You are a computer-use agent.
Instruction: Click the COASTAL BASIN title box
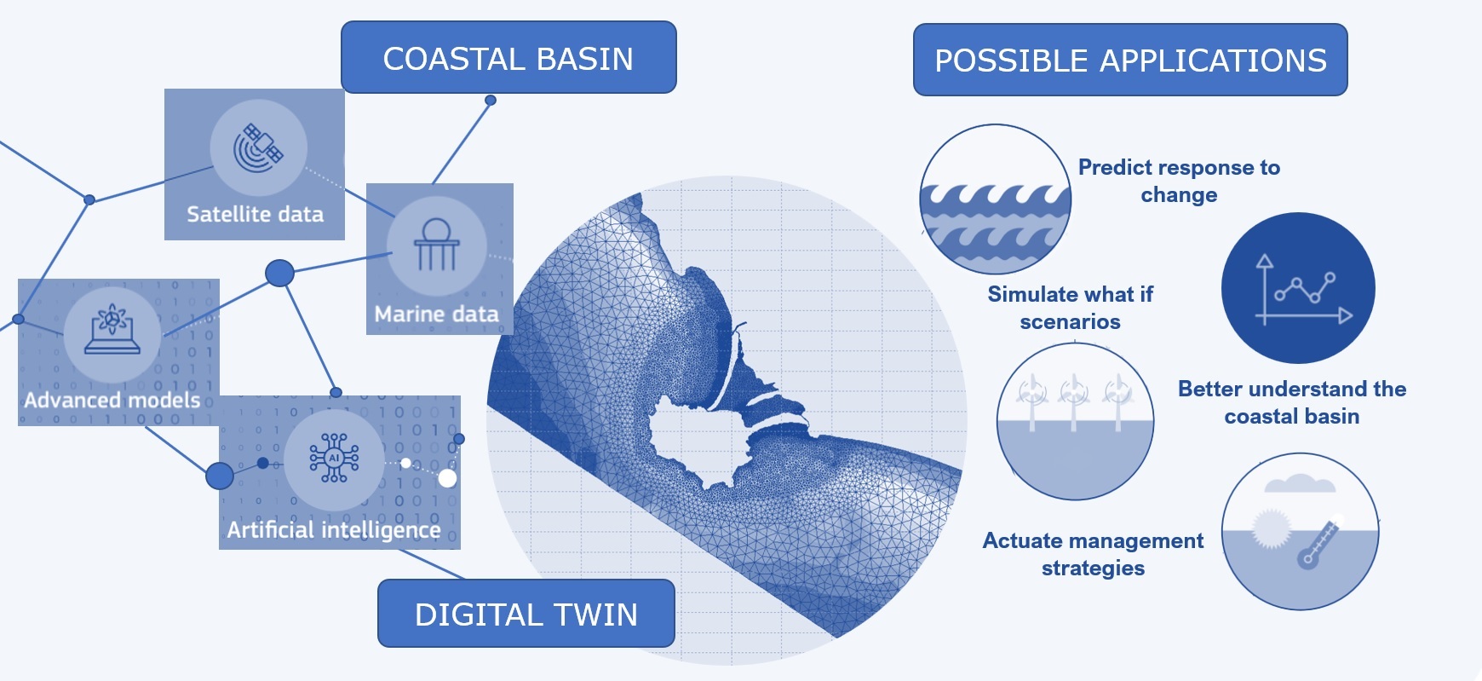click(508, 57)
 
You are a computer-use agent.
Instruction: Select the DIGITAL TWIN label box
click(526, 614)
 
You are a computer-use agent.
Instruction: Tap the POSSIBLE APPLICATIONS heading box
click(1130, 60)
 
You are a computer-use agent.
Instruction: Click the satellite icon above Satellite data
click(258, 147)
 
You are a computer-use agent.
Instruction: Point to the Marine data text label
click(437, 315)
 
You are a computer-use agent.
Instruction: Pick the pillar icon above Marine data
click(436, 245)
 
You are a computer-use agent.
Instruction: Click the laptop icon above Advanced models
click(112, 331)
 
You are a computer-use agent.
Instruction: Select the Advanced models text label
click(112, 400)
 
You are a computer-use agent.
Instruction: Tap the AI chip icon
click(334, 459)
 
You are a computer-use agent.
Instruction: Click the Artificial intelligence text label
click(334, 530)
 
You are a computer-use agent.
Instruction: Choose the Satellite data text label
click(256, 214)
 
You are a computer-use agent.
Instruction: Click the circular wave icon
click(995, 199)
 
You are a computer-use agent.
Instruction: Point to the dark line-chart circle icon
click(1298, 288)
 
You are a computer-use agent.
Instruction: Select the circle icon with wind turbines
click(1076, 421)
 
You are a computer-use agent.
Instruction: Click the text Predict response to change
click(1179, 181)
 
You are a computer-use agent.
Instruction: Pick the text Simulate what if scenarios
click(1071, 308)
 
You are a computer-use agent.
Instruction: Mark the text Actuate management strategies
click(1094, 554)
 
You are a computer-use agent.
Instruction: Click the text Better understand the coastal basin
click(1292, 402)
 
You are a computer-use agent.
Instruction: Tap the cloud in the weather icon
click(1300, 483)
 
